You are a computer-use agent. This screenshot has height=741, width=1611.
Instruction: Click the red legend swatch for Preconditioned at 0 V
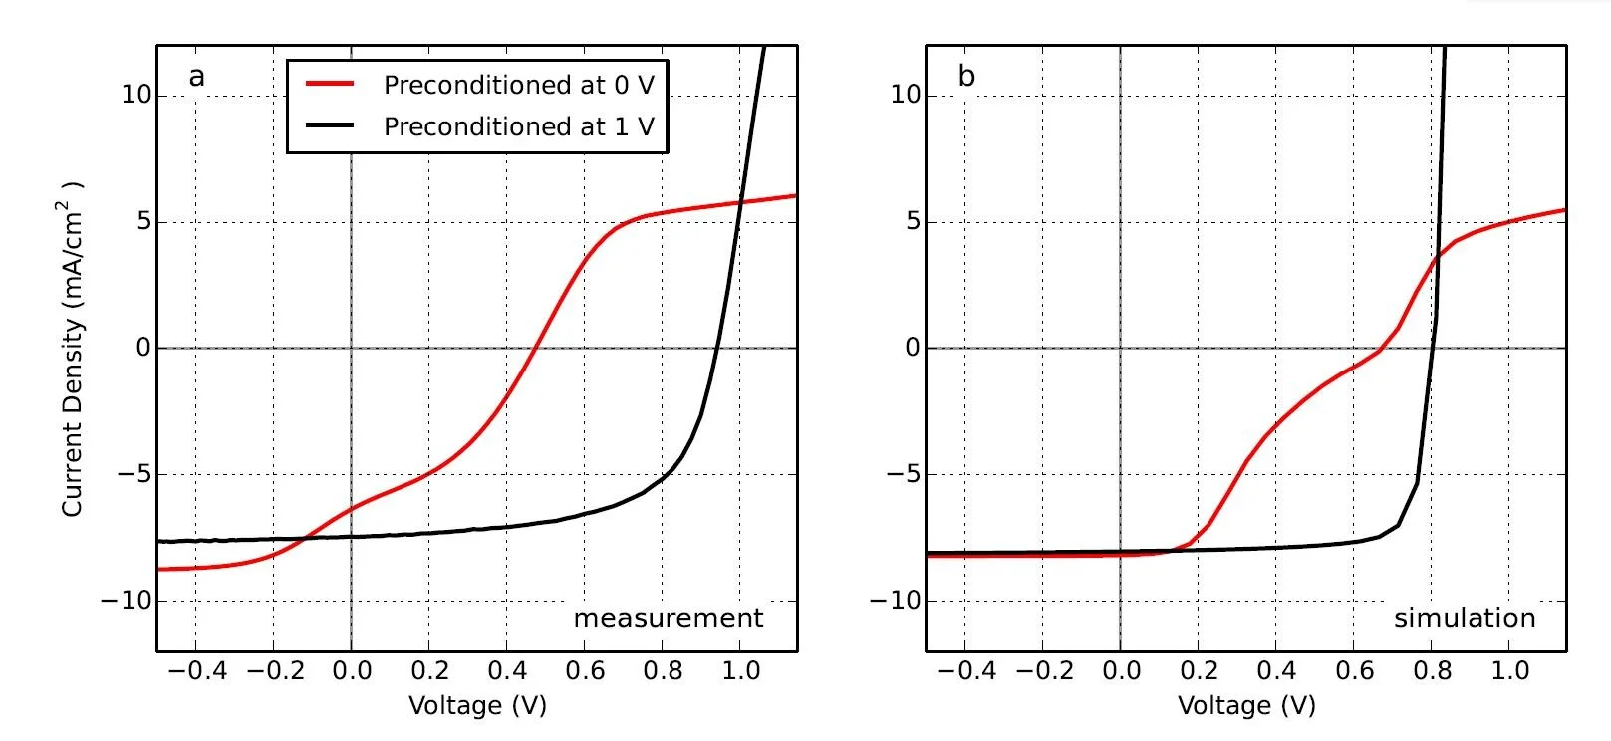(330, 85)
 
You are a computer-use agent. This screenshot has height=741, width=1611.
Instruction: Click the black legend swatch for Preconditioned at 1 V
(330, 126)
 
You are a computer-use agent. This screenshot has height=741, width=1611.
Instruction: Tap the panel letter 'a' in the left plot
(196, 77)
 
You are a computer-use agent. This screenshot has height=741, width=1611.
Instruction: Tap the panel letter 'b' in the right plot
(966, 76)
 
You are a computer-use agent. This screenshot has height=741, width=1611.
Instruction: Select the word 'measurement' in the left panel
(668, 618)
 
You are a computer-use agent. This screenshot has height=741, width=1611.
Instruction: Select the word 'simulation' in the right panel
(1464, 618)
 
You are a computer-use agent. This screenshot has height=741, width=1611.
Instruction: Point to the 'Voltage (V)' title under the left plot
(477, 706)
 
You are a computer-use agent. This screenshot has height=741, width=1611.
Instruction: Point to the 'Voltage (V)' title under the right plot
(1246, 706)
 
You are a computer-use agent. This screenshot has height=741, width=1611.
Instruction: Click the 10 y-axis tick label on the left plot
(136, 96)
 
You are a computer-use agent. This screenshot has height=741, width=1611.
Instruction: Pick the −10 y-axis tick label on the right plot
(894, 601)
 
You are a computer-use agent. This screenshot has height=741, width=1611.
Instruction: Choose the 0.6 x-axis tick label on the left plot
(585, 671)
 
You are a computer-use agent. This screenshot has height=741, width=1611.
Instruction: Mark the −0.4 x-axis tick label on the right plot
(965, 671)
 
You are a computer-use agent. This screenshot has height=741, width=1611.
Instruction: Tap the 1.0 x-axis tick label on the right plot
(1509, 671)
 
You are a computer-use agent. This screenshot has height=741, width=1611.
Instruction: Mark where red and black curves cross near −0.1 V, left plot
(306, 538)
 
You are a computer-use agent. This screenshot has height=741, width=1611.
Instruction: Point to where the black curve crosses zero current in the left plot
(717, 348)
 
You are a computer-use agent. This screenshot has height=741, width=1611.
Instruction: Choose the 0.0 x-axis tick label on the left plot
(352, 671)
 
